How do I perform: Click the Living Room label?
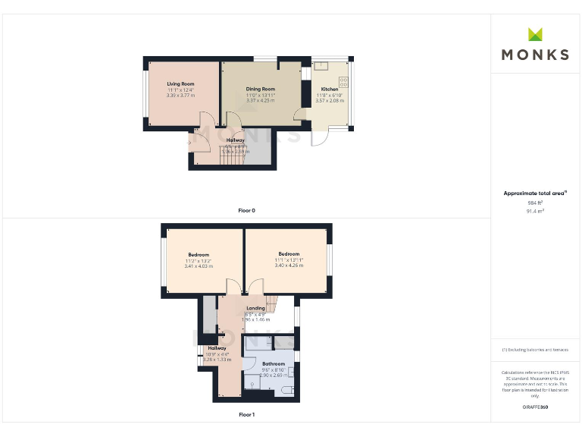click(x=181, y=83)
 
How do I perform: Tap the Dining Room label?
click(x=260, y=89)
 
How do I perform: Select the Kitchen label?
click(x=329, y=89)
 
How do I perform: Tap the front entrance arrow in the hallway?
click(x=190, y=141)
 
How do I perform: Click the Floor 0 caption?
click(x=246, y=210)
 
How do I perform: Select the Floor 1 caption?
click(x=246, y=415)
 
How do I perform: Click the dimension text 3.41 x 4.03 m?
click(x=199, y=266)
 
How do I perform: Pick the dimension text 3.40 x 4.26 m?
click(x=288, y=265)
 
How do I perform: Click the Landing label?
click(x=255, y=308)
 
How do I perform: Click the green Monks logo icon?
click(x=535, y=34)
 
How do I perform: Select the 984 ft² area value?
click(x=534, y=203)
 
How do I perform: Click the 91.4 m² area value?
click(x=535, y=212)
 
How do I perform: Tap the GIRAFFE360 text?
click(x=535, y=407)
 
